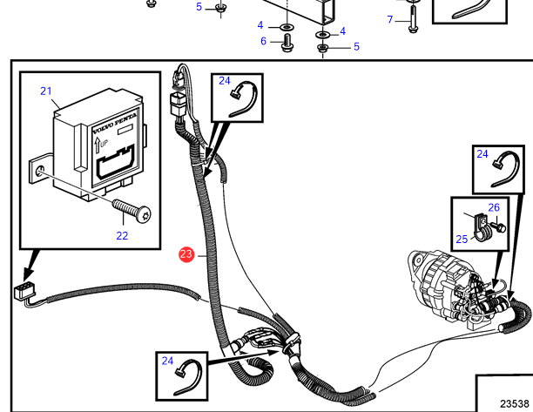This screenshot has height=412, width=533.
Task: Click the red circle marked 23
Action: (186, 255)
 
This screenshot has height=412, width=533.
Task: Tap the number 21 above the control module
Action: (46, 91)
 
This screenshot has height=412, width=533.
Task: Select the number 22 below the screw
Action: (122, 234)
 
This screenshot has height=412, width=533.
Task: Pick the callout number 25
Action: (462, 240)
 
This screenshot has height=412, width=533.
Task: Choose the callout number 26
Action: (494, 207)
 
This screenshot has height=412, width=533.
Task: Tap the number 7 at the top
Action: (390, 19)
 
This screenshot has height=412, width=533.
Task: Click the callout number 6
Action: (262, 40)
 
